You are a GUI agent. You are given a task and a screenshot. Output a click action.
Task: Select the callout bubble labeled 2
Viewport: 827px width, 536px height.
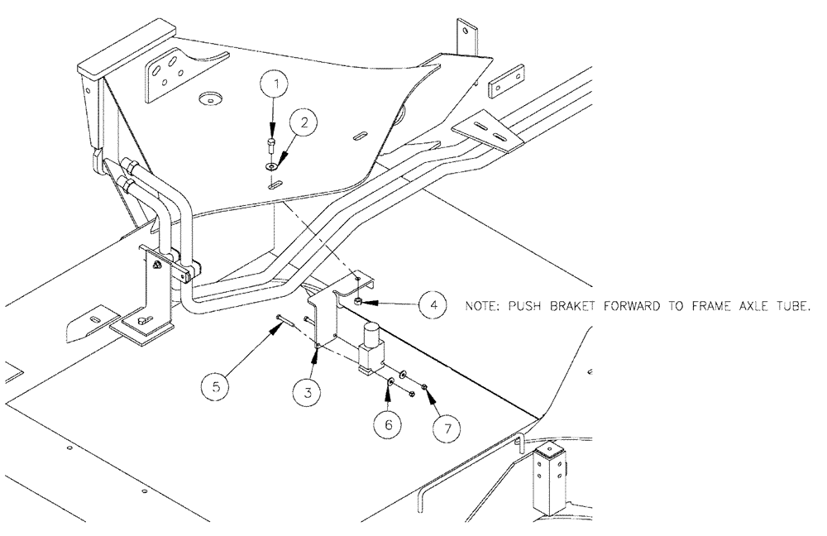(x=304, y=123)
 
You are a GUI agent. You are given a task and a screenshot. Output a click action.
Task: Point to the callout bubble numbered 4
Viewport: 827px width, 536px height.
(x=434, y=304)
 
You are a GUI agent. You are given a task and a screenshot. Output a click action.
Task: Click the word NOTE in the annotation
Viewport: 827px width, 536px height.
(x=479, y=305)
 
